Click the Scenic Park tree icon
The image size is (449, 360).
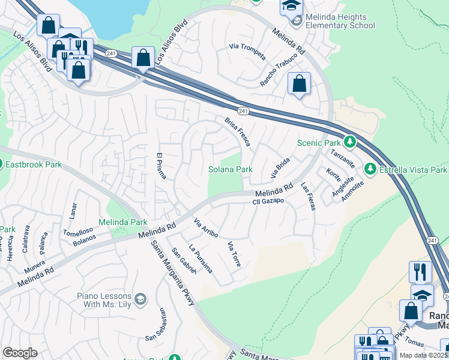[x=350, y=143]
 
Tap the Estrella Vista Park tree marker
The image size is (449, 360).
[x=371, y=170]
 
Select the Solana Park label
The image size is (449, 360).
[x=230, y=170]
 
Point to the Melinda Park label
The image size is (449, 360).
[x=126, y=223]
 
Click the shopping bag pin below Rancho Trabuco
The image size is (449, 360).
[x=299, y=84]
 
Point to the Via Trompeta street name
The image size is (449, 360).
[x=247, y=52]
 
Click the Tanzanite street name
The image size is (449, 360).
[x=340, y=159]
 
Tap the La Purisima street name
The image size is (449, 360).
[x=200, y=259]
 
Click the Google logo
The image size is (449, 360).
[x=20, y=353]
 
